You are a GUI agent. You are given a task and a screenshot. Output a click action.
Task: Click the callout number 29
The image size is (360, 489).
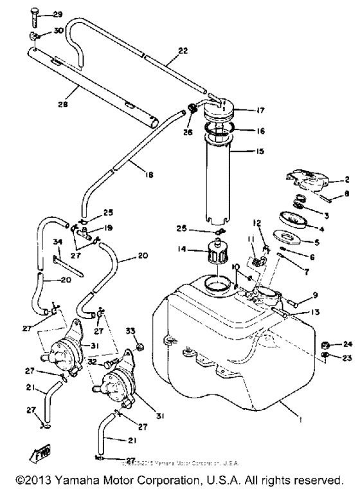[x=57, y=15]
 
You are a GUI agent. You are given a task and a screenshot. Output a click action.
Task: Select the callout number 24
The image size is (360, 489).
[x=348, y=344]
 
